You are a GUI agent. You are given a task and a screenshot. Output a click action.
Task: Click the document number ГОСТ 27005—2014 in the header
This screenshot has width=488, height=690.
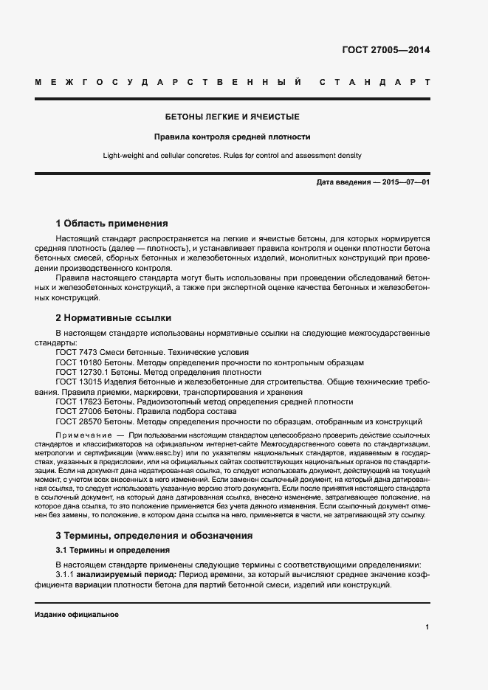pyautogui.click(x=386, y=50)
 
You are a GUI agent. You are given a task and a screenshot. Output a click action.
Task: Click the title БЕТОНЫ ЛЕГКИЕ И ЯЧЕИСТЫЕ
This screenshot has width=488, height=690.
pyautogui.click(x=232, y=117)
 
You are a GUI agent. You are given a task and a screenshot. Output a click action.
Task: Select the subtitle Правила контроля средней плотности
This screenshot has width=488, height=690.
pyautogui.click(x=232, y=137)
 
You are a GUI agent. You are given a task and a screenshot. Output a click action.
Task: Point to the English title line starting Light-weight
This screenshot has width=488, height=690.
pyautogui.click(x=232, y=156)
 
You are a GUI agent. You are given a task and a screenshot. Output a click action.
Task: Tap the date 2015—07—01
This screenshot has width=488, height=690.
pyautogui.click(x=406, y=182)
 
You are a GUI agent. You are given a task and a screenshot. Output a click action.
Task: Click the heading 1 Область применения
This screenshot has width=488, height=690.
pyautogui.click(x=111, y=224)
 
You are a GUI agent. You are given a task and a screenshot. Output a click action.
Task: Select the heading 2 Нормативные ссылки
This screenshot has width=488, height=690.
pyautogui.click(x=114, y=318)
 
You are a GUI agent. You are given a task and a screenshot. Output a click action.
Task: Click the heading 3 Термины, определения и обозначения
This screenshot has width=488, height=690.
pyautogui.click(x=154, y=536)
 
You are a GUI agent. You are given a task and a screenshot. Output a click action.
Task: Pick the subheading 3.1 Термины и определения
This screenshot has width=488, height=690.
pyautogui.click(x=113, y=551)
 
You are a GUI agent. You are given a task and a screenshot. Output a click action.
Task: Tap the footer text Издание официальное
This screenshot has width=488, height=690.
pyautogui.click(x=76, y=615)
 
